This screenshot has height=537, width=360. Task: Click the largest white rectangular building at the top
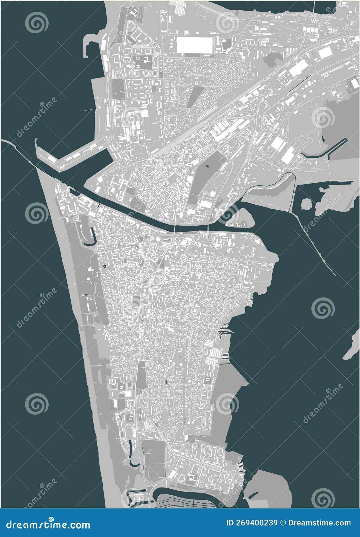point(194,45)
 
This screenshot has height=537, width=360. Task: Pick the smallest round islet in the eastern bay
point(306,203)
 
